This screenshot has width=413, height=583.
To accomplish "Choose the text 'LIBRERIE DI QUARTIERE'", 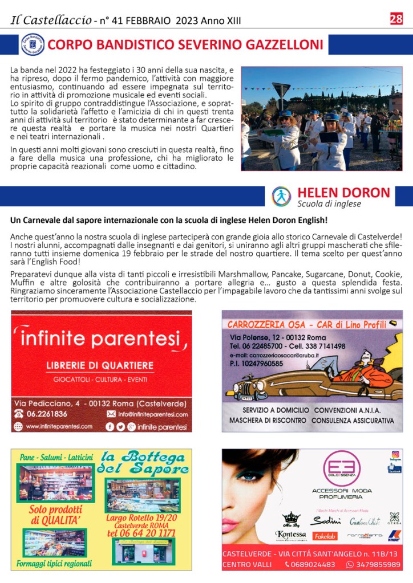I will [x=100, y=365].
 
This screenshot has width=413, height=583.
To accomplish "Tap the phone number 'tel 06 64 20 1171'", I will [x=141, y=533].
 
